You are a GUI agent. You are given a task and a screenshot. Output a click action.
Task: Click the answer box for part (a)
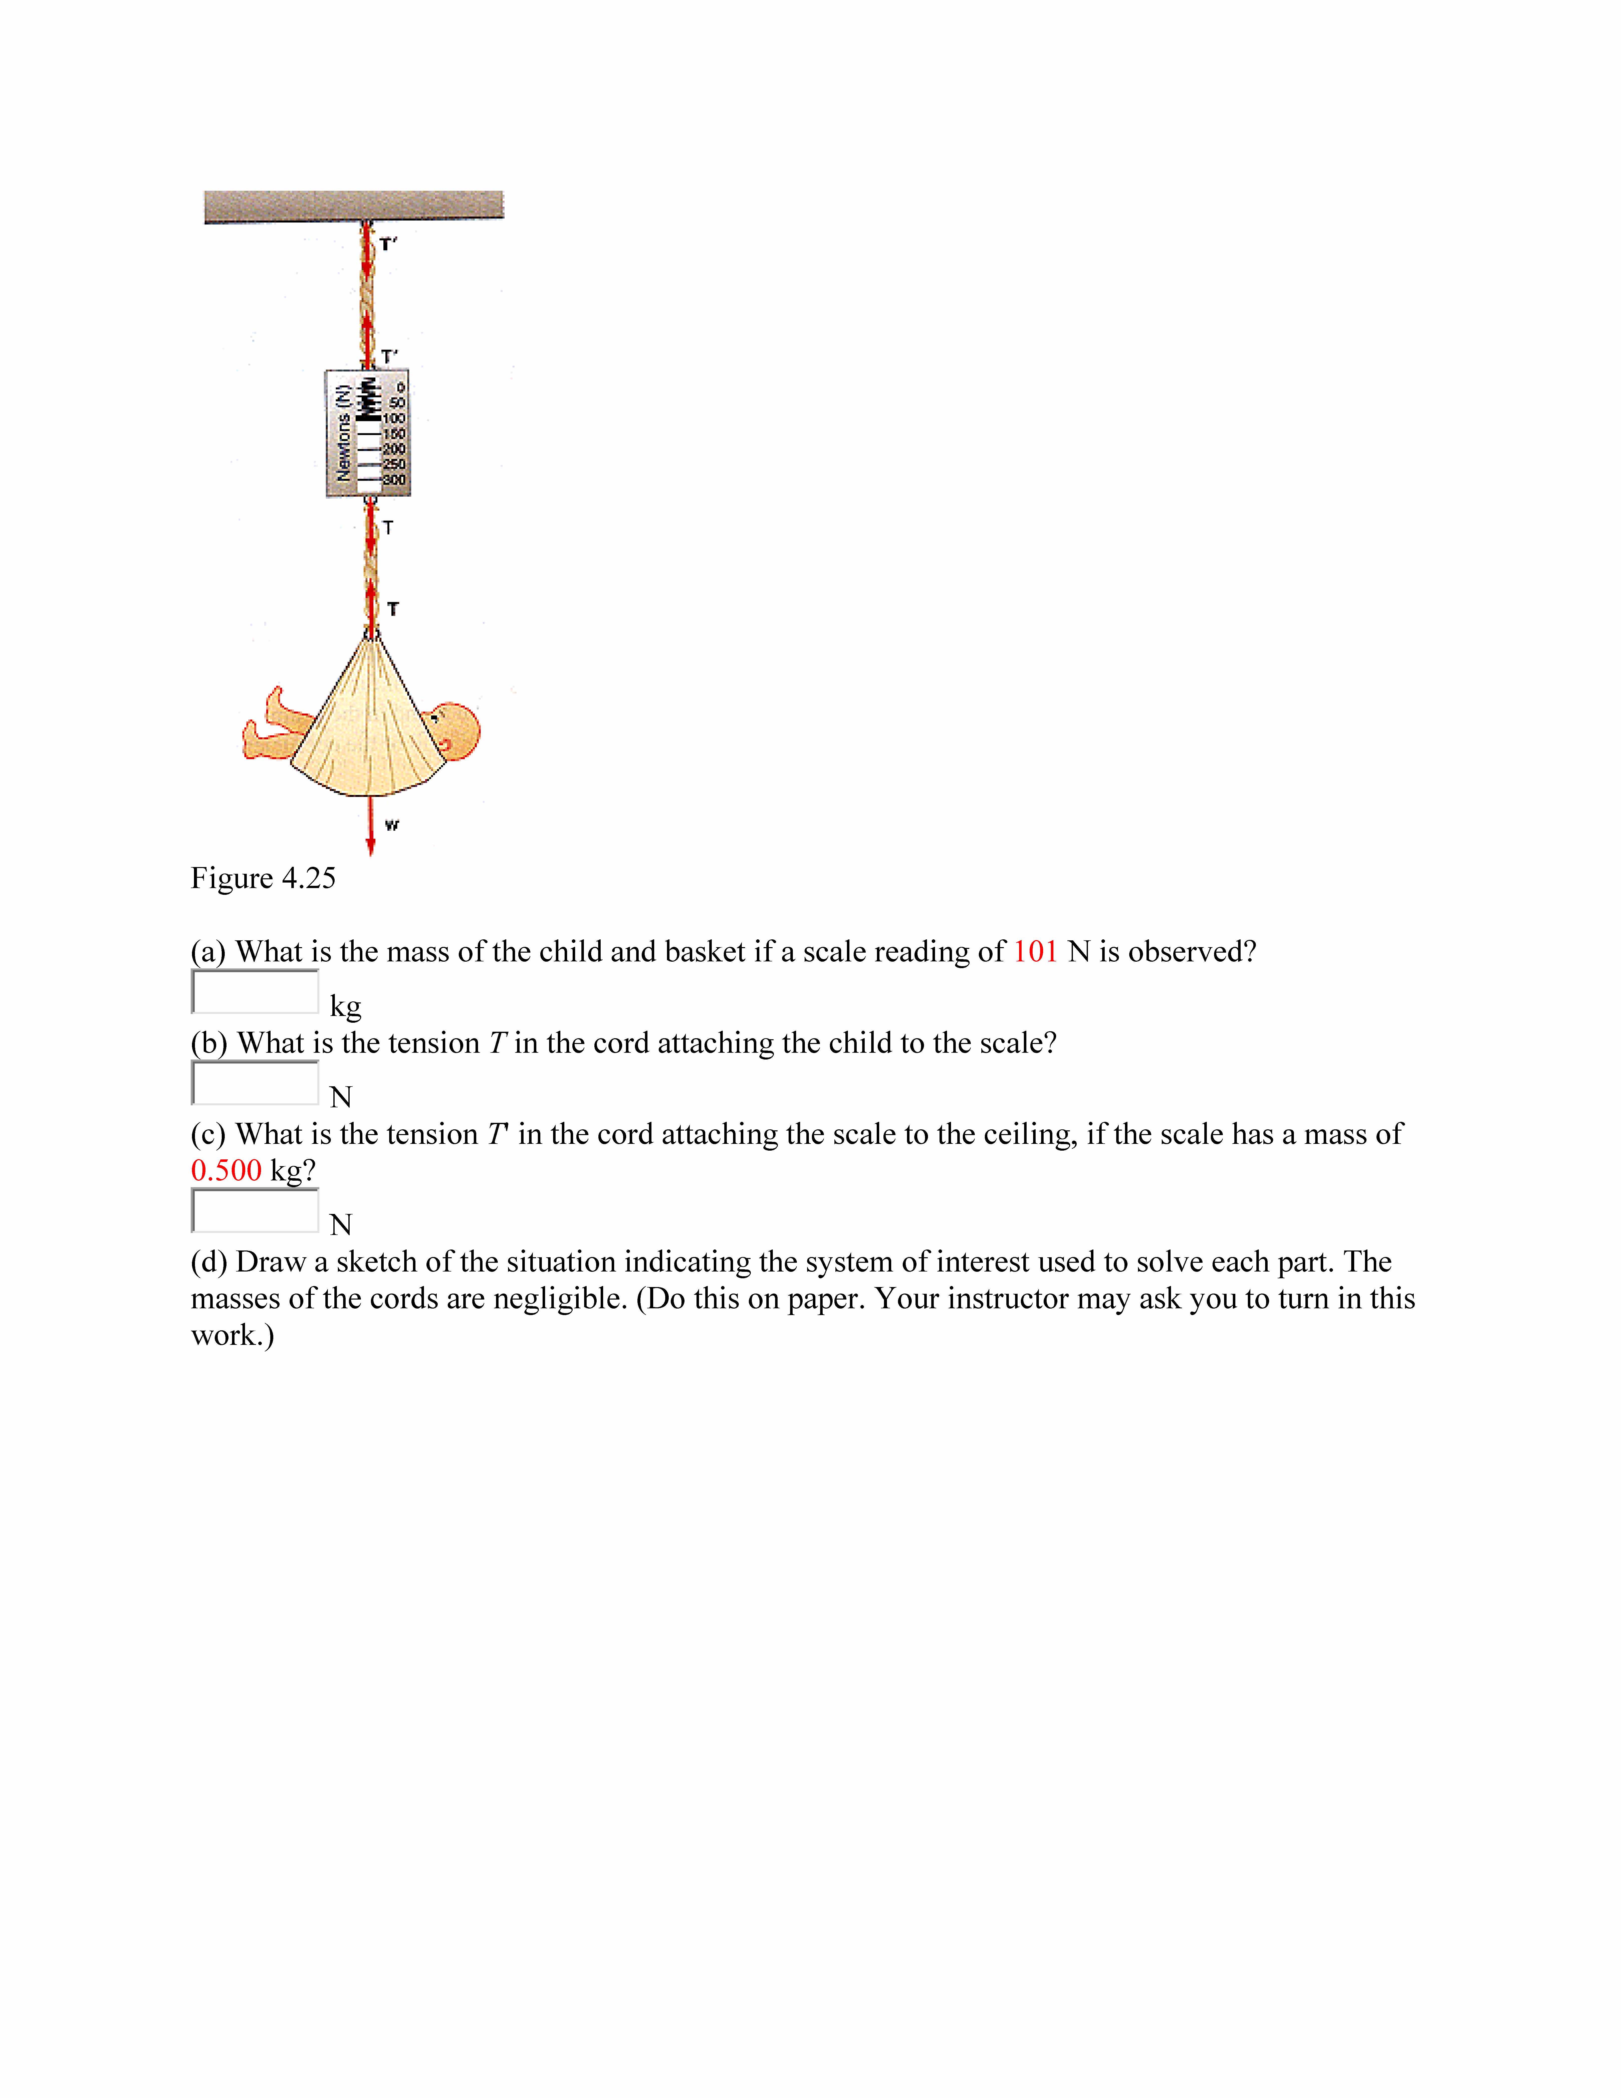(255, 991)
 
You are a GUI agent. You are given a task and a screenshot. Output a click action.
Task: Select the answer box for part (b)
(255, 1083)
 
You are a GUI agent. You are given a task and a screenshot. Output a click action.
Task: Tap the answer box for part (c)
(255, 1210)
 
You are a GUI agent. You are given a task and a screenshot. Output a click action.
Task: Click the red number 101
(1035, 952)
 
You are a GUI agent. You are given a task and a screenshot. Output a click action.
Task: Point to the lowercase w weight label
(392, 824)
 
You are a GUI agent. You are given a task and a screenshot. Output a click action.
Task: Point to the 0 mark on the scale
(400, 387)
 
